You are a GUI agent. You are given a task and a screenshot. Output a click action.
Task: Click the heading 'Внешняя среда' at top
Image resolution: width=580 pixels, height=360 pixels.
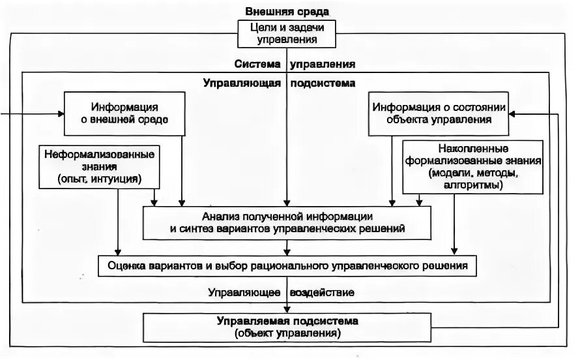(x=287, y=12)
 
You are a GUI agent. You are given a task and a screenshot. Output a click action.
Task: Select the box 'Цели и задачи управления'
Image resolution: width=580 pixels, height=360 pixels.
(x=287, y=34)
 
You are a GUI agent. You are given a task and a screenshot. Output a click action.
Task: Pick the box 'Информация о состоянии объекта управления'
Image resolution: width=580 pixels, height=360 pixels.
(x=439, y=113)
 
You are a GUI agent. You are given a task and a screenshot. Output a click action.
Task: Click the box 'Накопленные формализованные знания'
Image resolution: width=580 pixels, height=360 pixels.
(x=465, y=166)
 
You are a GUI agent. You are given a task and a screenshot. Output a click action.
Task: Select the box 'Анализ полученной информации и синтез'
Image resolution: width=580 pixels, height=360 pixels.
(x=287, y=222)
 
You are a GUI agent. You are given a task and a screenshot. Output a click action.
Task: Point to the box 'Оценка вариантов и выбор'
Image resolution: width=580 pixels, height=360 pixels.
(x=287, y=266)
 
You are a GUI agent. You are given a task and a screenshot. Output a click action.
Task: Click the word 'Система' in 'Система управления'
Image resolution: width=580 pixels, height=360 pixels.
(x=257, y=65)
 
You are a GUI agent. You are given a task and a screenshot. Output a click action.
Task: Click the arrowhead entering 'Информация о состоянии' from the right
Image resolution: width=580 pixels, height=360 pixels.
(x=514, y=114)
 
